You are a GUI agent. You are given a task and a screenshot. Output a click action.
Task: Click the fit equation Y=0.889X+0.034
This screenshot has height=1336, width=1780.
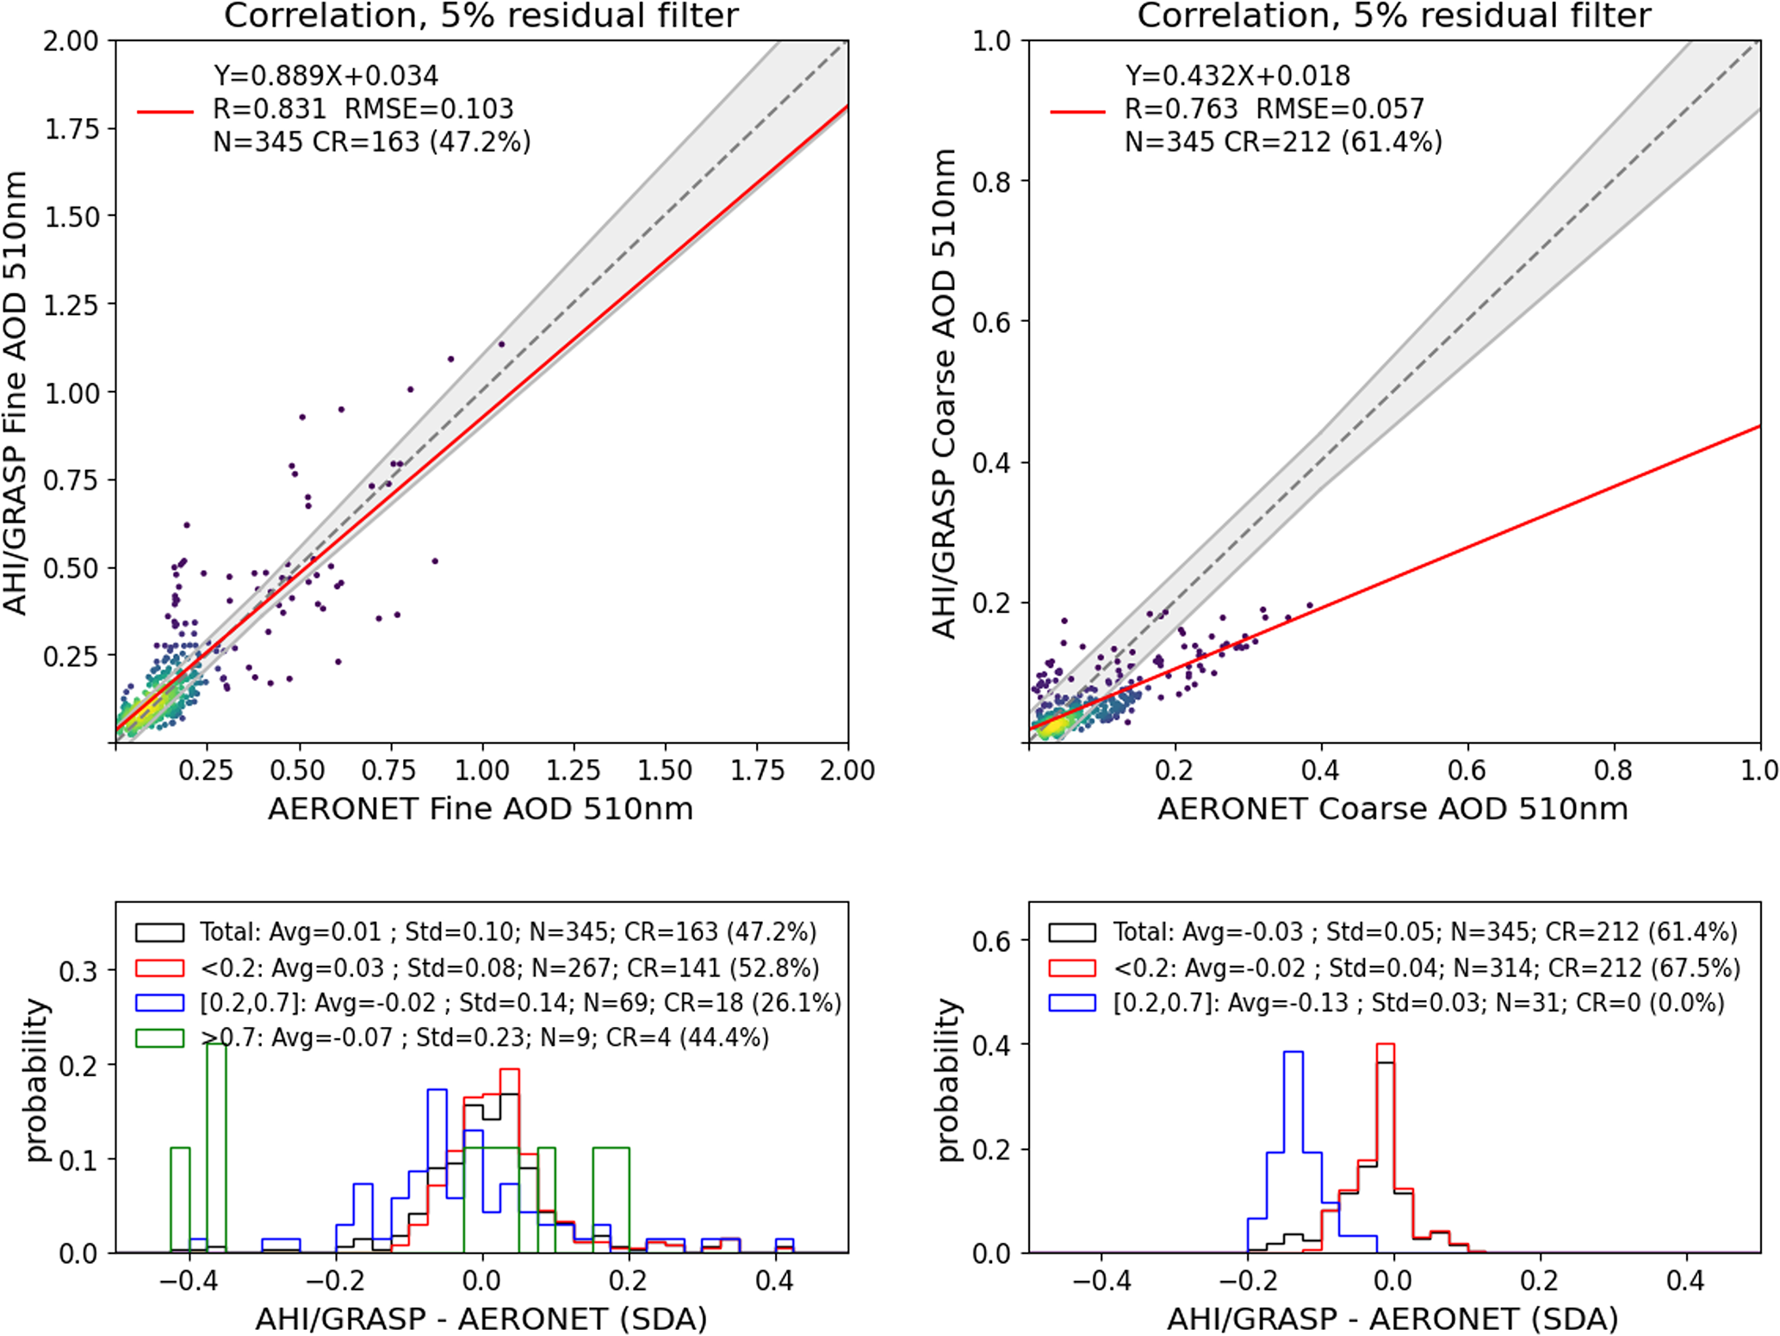326,76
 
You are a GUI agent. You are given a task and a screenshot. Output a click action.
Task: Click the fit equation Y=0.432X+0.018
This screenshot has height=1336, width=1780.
1237,76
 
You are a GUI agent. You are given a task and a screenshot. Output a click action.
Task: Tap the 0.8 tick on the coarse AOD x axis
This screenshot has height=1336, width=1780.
1613,770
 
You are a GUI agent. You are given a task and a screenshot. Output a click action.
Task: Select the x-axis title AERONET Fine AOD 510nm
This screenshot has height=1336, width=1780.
481,809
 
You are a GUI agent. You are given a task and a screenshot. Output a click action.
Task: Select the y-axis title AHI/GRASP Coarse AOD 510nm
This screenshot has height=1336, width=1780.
945,393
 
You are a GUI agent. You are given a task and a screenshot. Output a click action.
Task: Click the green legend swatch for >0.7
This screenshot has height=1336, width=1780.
159,1038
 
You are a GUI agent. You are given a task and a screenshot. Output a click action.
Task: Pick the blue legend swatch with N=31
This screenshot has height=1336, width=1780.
1072,1004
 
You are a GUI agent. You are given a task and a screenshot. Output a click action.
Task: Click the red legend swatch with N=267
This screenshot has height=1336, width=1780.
159,968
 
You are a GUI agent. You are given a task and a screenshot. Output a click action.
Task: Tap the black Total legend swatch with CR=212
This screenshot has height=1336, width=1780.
1072,932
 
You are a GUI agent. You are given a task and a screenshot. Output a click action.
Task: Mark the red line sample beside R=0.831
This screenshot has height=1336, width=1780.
165,111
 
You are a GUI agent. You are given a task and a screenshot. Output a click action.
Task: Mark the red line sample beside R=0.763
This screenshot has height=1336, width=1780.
1077,111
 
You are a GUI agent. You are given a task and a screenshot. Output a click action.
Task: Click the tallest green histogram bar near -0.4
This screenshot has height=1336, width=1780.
217,1145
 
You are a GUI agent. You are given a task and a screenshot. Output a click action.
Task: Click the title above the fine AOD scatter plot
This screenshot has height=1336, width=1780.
481,15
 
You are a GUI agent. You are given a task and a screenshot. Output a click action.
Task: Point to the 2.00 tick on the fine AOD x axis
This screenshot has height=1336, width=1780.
847,770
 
